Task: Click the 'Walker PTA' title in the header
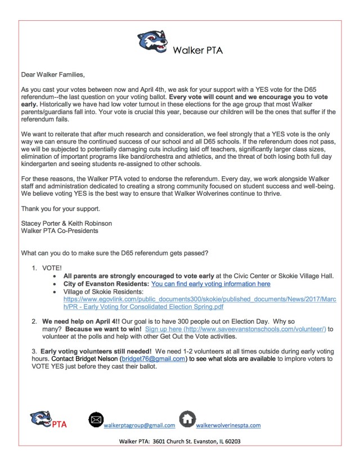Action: tap(197, 50)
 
